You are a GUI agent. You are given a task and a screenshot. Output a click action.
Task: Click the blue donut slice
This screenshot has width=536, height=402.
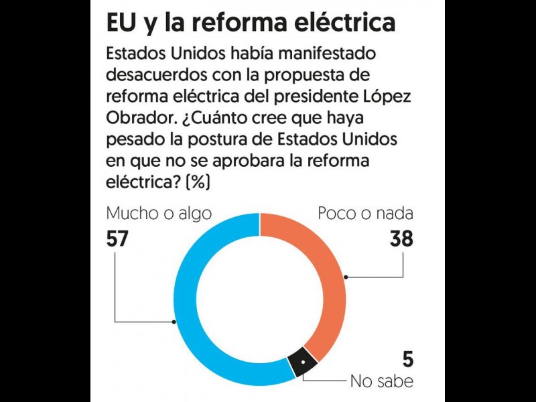pos(194,322)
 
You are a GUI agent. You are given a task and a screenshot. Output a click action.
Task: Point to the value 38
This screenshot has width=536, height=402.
pos(401,239)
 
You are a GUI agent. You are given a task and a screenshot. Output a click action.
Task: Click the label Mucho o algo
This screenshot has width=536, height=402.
pos(159,214)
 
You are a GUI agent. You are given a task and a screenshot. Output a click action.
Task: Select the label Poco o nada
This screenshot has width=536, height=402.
pos(365,214)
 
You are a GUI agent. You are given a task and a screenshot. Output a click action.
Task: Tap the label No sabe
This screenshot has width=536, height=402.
pos(381,382)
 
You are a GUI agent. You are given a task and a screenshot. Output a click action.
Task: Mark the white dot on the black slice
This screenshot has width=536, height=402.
pos(302,362)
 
